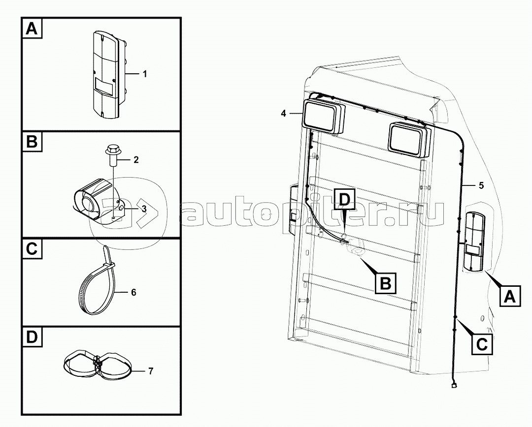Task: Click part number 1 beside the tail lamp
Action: (145, 74)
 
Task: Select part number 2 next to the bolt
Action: (136, 159)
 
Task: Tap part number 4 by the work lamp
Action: (283, 114)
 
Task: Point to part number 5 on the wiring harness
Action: (481, 186)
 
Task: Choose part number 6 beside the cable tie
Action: (133, 292)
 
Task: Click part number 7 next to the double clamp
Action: (151, 371)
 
